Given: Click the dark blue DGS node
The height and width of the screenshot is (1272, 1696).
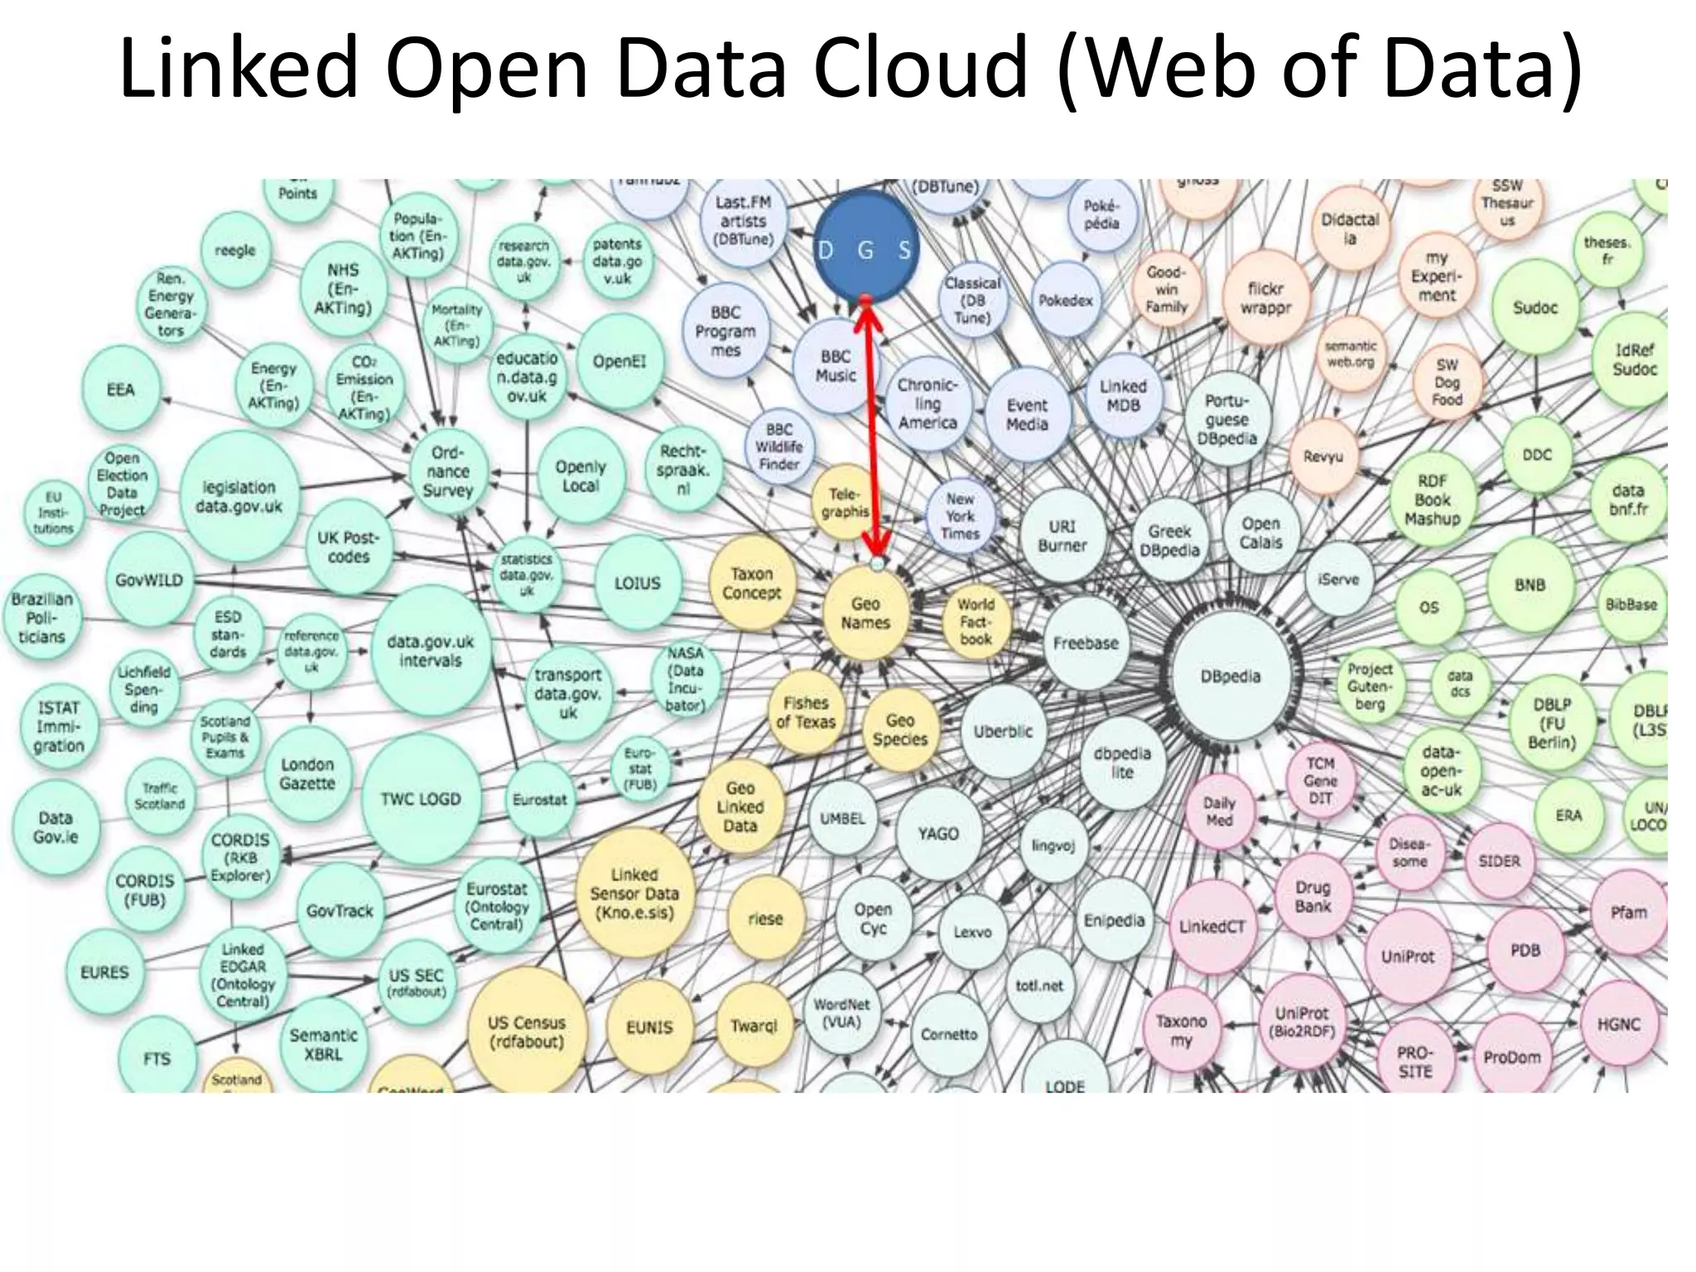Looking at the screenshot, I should [x=864, y=247].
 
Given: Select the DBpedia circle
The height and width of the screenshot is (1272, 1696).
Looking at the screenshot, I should [x=1231, y=676].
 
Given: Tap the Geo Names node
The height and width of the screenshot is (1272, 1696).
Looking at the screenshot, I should [x=865, y=614].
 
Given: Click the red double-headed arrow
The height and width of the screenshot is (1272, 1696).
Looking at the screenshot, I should [x=872, y=431].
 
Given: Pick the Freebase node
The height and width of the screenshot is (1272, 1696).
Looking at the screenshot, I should [x=1085, y=643].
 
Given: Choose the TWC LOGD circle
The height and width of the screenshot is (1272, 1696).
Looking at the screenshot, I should [x=421, y=799].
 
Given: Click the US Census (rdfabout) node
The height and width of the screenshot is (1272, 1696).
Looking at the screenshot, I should [x=527, y=1032].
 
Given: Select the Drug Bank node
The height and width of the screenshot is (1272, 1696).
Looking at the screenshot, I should [x=1313, y=896].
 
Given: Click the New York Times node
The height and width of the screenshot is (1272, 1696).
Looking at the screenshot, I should [x=960, y=517].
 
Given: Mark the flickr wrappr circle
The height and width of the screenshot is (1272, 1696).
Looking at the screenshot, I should [x=1265, y=298].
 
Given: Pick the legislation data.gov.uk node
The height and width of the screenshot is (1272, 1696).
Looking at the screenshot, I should [x=238, y=496].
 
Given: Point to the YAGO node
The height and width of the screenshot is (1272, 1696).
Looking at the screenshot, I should [x=937, y=834].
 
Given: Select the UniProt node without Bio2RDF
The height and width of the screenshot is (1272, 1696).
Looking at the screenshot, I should [x=1407, y=956].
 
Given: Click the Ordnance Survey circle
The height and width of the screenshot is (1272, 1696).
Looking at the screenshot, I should [x=447, y=472].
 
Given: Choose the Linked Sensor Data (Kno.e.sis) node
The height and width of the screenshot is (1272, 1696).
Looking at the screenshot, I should [x=634, y=894].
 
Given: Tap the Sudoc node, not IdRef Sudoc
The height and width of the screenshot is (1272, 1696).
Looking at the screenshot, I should [x=1535, y=307].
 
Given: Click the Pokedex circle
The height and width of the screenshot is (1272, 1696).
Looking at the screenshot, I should [x=1066, y=301].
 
